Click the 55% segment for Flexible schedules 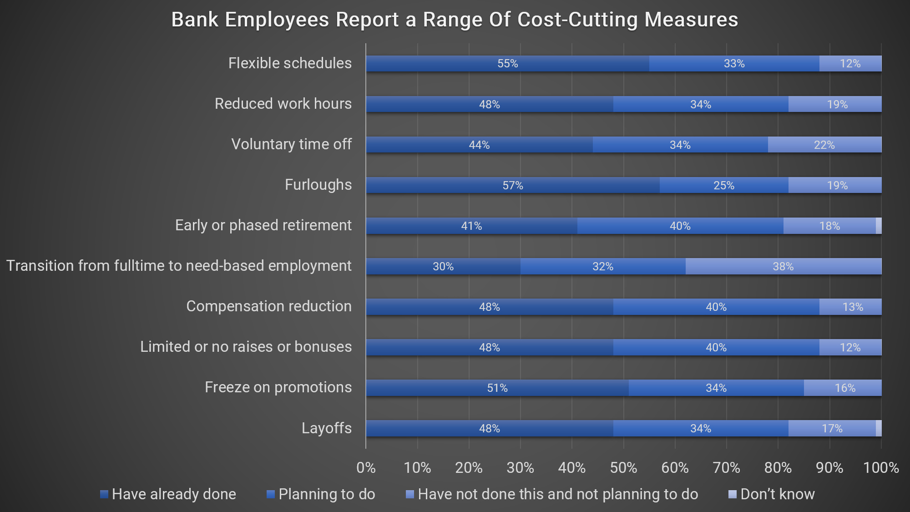(507, 64)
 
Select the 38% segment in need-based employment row (783, 267)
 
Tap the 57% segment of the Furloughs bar (512, 185)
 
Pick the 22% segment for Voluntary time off (824, 145)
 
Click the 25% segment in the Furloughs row (723, 185)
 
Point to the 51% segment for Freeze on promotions (497, 388)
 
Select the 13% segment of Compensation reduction (852, 307)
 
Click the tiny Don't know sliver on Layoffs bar (879, 428)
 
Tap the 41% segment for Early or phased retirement (471, 226)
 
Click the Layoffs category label (326, 428)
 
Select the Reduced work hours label (283, 104)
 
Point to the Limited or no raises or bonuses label (246, 347)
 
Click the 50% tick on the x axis (623, 468)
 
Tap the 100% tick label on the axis (881, 468)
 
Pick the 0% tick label (366, 468)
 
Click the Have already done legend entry (168, 494)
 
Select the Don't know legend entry (772, 494)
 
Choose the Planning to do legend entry (321, 494)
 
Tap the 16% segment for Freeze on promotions (844, 388)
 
